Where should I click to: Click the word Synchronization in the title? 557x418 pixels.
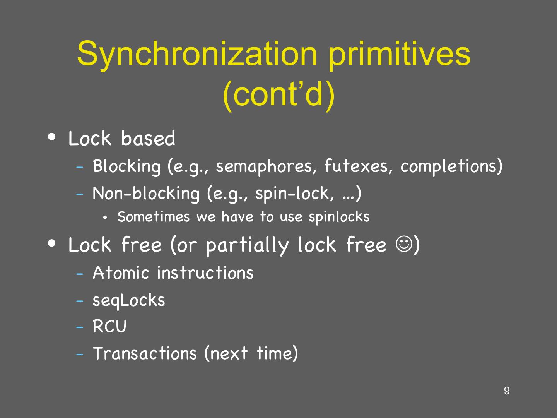(x=197, y=54)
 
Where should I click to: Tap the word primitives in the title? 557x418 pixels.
(x=399, y=54)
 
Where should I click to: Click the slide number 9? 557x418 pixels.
(x=507, y=391)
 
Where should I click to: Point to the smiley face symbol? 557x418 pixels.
(x=404, y=245)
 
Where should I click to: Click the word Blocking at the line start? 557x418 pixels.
(x=126, y=166)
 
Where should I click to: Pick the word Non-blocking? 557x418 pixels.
(x=146, y=193)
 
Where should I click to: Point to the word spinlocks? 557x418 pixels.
(x=339, y=217)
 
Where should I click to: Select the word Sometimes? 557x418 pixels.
(x=154, y=217)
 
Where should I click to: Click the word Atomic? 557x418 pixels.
(x=121, y=273)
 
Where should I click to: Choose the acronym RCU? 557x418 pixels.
(x=109, y=327)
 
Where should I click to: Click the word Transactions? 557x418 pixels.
(x=145, y=353)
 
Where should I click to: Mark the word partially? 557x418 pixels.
(x=247, y=245)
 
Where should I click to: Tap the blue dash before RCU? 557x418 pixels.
(x=80, y=327)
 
